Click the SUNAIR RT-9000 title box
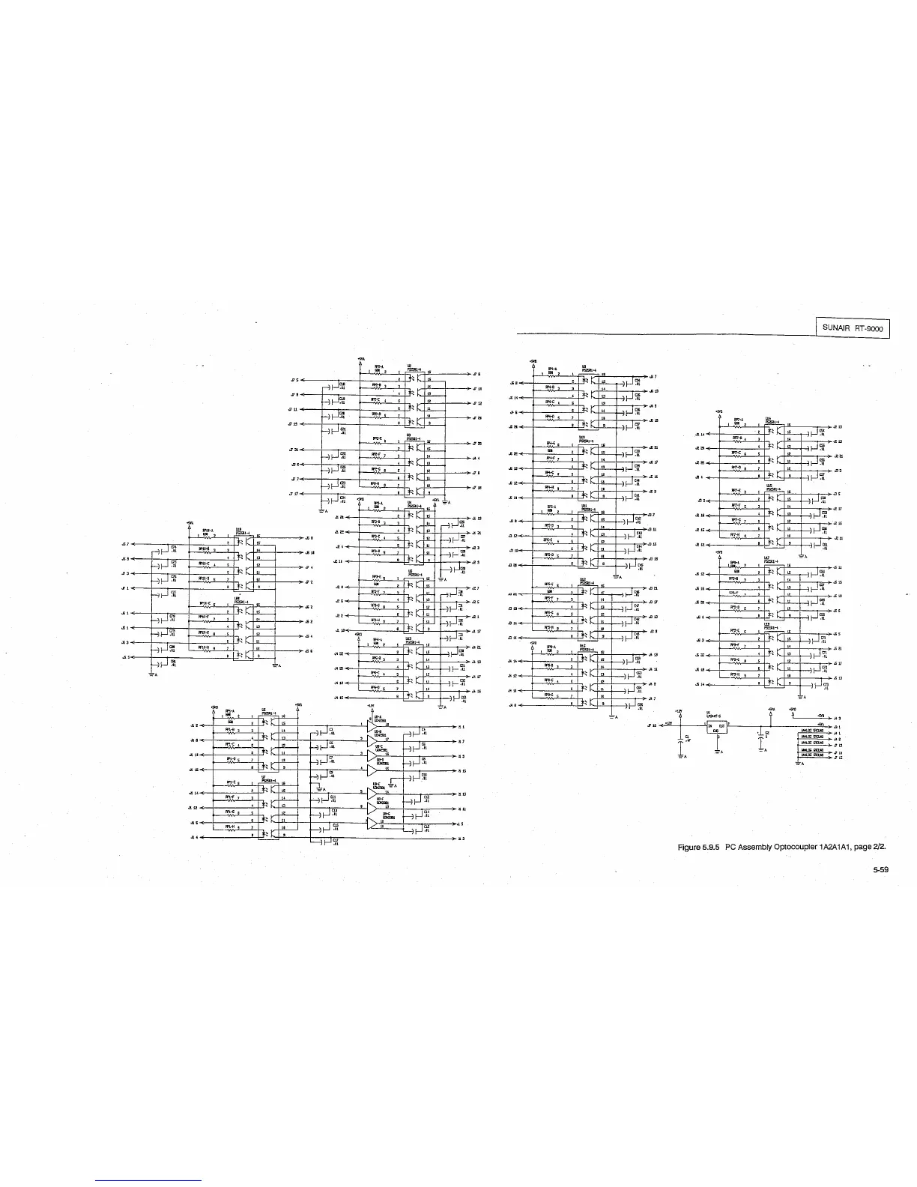(853, 328)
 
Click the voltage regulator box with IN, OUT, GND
(717, 727)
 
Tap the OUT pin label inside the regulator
(722, 725)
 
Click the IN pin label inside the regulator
(710, 725)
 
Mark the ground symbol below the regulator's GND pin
(718, 752)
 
